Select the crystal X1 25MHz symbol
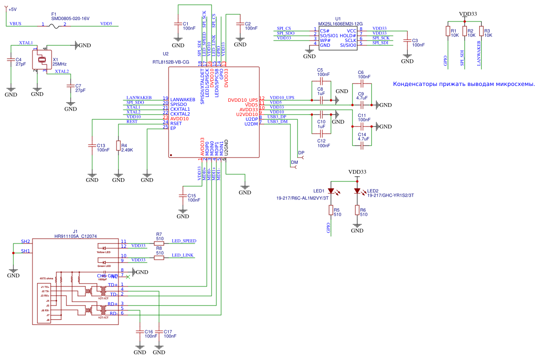click(41, 60)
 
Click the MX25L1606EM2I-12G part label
click(340, 23)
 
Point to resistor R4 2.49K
click(118, 146)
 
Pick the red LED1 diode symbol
click(331, 191)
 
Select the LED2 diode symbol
click(357, 191)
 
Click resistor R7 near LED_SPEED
click(159, 243)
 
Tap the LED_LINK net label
click(183, 255)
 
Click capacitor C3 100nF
click(407, 41)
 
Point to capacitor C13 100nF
click(92, 146)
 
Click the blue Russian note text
click(463, 84)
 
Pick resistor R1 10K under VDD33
click(448, 32)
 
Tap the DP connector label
click(301, 153)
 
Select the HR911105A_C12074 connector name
click(75, 236)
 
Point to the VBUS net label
click(15, 23)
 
